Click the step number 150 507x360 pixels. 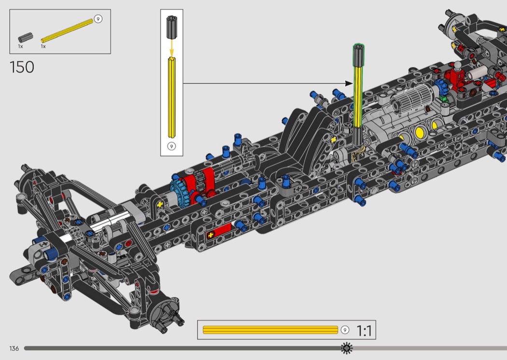[22, 67]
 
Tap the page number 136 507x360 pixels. [14, 348]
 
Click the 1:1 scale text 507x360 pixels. [364, 331]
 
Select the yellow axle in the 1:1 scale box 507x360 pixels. [270, 330]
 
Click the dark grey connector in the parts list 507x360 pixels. [26, 37]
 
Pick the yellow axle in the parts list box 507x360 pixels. [67, 31]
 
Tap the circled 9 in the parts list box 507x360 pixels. [98, 19]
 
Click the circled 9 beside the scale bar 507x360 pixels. [345, 330]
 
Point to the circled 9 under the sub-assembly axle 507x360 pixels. [172, 146]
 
